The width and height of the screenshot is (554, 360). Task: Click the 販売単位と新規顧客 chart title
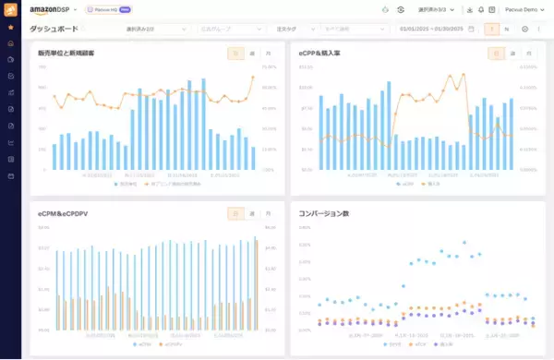point(66,54)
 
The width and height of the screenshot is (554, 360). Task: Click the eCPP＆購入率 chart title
point(320,54)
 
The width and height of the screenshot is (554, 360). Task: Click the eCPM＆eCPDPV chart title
point(62,213)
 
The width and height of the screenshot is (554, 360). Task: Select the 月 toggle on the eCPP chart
point(528,54)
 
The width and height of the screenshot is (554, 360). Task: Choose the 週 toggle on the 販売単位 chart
point(252,54)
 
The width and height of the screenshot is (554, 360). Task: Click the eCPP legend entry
point(407,184)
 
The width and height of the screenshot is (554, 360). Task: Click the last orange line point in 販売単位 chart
point(252,78)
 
